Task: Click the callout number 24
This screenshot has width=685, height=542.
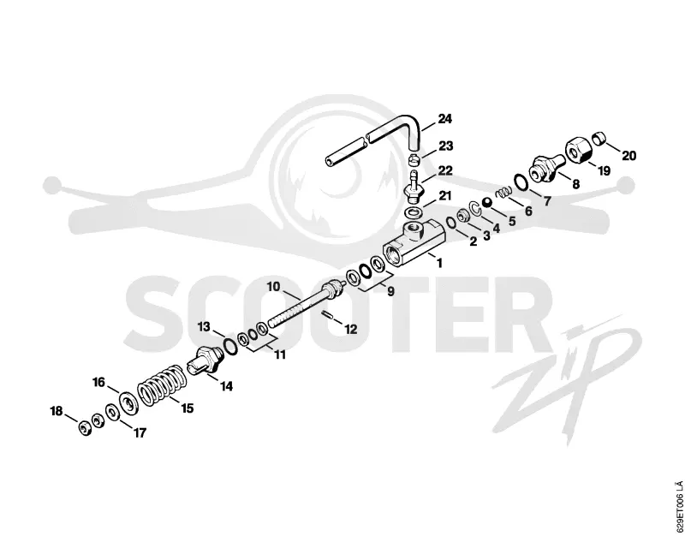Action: click(x=444, y=119)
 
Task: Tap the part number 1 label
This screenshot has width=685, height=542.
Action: click(x=439, y=263)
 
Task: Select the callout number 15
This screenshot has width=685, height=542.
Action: click(x=187, y=408)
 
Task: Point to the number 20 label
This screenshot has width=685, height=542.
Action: click(x=628, y=156)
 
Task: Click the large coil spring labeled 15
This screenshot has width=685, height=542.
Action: click(x=160, y=384)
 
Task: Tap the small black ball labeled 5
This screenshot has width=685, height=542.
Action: click(x=486, y=202)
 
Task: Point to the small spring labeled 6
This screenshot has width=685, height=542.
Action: click(x=503, y=191)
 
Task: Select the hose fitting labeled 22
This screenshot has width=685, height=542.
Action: click(x=413, y=188)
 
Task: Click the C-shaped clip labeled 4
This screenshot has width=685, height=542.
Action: click(x=475, y=208)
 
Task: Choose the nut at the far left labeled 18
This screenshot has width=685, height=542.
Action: click(x=84, y=427)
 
